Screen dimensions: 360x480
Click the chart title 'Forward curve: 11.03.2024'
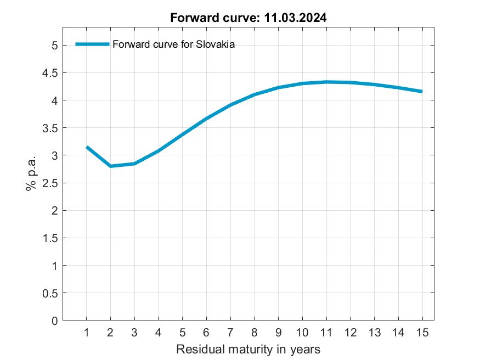point(248,18)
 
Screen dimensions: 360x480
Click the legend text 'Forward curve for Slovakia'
point(173,45)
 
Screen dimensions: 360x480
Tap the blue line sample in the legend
point(92,45)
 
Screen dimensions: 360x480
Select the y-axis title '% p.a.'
point(31,173)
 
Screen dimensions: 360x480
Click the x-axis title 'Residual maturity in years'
point(248,349)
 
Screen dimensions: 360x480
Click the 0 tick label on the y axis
point(54,321)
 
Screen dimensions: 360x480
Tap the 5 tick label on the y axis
point(54,46)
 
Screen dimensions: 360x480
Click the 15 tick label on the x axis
point(422,333)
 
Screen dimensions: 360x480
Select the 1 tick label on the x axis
point(86,333)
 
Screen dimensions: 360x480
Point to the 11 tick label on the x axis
point(326,333)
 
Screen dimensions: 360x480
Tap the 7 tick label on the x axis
point(230,333)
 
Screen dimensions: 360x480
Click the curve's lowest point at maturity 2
point(110,166)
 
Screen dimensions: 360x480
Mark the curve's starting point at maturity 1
point(87,147)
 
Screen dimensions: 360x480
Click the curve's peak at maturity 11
point(326,82)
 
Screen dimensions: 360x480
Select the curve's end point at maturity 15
point(422,92)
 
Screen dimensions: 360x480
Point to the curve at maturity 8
point(255,94)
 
